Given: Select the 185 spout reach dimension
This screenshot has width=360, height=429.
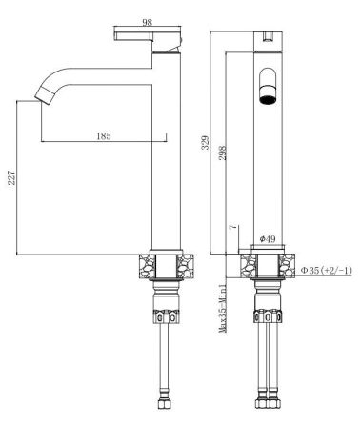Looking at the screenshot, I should tap(104, 136).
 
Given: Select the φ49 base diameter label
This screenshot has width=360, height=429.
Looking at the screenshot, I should tap(267, 238).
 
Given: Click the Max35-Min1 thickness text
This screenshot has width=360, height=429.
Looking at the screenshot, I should tap(221, 306).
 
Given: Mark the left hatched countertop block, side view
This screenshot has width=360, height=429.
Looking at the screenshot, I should tap(144, 266).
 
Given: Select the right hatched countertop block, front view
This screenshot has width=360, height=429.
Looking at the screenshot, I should tap(289, 266).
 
